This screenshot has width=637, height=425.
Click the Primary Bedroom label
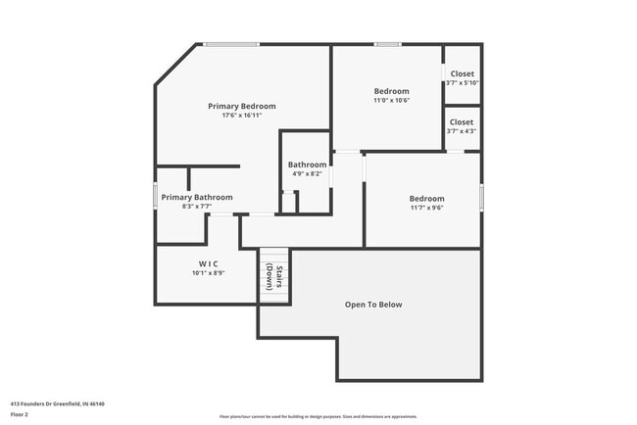click(241, 106)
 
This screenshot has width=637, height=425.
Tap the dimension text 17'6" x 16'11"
click(241, 116)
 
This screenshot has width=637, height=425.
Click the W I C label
click(209, 263)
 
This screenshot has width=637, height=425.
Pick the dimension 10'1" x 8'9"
click(209, 273)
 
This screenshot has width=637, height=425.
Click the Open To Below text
click(373, 305)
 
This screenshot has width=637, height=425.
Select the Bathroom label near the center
click(307, 165)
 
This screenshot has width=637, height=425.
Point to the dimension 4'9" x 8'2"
click(307, 174)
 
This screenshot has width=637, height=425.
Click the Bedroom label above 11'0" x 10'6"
click(391, 91)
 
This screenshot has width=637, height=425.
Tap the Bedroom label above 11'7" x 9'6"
click(426, 199)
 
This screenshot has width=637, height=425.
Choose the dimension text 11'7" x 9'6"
click(426, 209)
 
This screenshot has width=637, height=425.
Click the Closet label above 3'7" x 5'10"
click(462, 73)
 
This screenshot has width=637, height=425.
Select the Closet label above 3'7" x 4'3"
click(462, 122)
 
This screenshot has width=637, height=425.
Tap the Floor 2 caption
click(21, 414)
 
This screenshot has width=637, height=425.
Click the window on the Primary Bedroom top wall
click(231, 44)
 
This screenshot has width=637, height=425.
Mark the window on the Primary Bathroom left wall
click(156, 196)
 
